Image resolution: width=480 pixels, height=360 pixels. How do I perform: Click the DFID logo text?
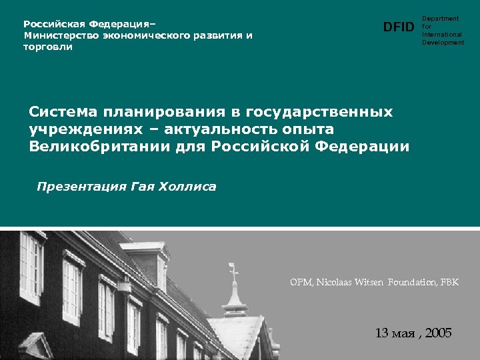pyautogui.click(x=399, y=27)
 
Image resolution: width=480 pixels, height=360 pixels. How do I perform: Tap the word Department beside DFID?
pyautogui.click(x=440, y=19)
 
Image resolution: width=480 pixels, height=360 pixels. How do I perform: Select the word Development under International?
pyautogui.click(x=443, y=43)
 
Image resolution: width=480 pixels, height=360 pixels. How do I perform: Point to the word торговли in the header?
pyautogui.click(x=49, y=47)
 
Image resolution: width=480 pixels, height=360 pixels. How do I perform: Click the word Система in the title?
pyautogui.click(x=63, y=111)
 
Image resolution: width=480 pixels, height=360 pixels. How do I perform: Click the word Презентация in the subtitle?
pyautogui.click(x=78, y=187)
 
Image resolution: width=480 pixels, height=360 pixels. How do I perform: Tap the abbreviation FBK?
pyautogui.click(x=449, y=283)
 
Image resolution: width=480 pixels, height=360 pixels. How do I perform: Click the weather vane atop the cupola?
pyautogui.click(x=234, y=270)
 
